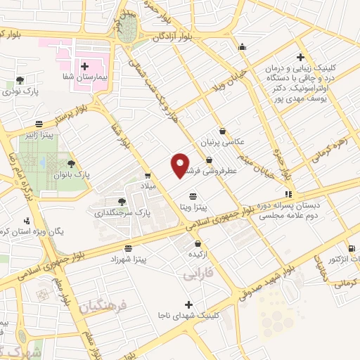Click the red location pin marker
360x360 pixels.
tap(180, 165)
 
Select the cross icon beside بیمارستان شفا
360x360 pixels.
tap(84, 65)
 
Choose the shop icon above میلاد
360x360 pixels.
tap(148, 176)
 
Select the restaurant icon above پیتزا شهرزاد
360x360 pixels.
tap(127, 248)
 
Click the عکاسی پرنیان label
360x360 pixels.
tap(222, 141)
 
